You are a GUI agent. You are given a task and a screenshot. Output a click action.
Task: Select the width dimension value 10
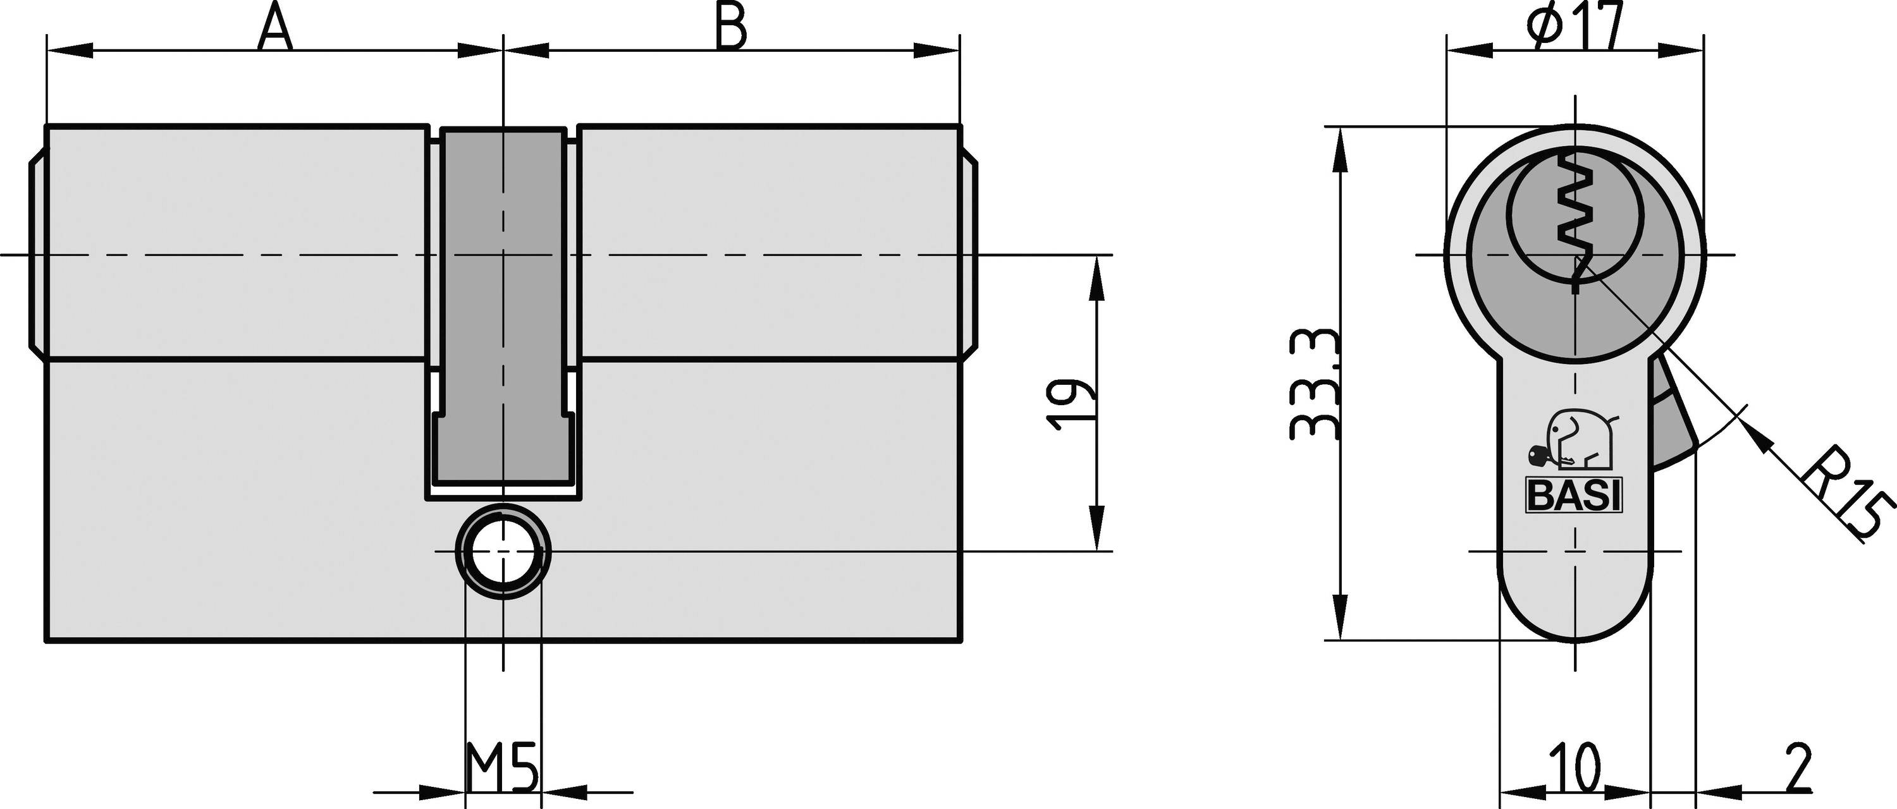click(x=1574, y=767)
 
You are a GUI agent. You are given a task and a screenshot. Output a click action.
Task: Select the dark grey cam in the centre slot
click(x=503, y=309)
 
